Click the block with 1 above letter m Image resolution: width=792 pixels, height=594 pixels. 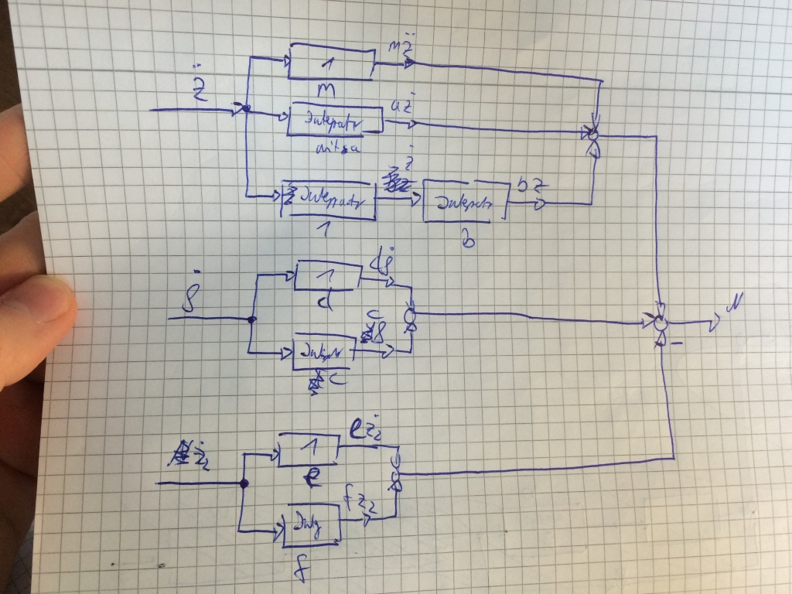[330, 62]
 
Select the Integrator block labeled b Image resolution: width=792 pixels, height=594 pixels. [465, 203]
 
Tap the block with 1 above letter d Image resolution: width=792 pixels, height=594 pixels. [329, 272]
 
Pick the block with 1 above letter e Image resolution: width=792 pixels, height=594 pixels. [308, 449]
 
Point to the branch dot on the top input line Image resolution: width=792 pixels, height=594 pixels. [246, 109]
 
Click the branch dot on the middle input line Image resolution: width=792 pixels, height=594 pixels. [251, 319]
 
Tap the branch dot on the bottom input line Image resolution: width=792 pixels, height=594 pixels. [244, 483]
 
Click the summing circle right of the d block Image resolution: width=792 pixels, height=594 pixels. [410, 316]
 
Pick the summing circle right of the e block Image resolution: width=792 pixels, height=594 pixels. [397, 474]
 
